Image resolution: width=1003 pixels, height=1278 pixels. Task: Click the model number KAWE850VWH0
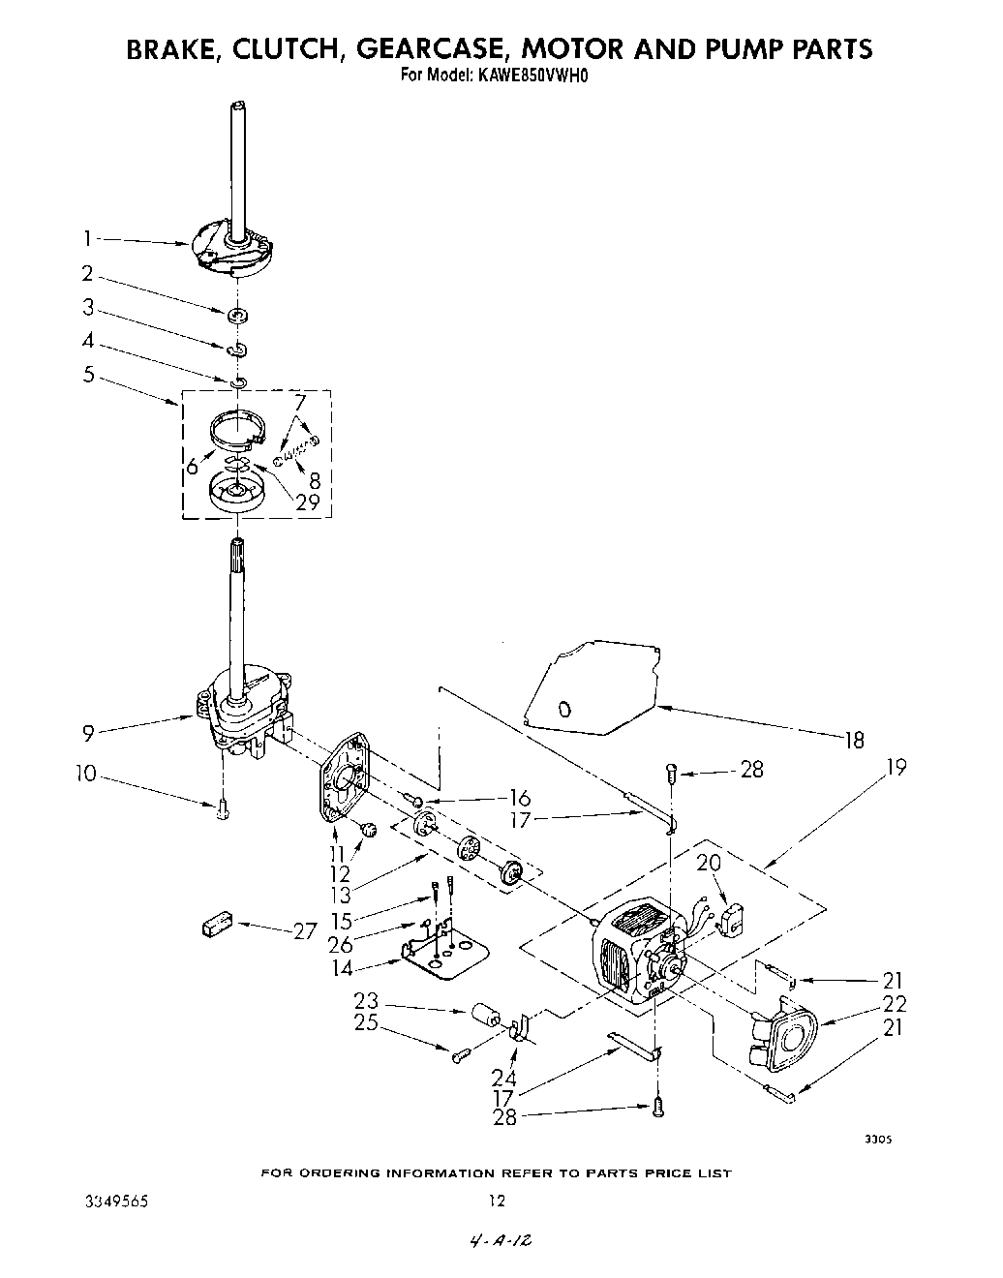[532, 73]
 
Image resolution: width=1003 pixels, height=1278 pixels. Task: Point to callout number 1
[87, 236]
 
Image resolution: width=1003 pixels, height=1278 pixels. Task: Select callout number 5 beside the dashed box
[88, 373]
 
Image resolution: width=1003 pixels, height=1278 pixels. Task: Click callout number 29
[309, 502]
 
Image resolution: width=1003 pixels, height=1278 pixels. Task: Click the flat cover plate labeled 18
[591, 683]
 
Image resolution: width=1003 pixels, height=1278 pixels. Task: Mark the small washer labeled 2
[235, 316]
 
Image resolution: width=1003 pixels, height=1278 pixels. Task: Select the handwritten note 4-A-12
[500, 1241]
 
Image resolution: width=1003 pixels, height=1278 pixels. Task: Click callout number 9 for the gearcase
[88, 734]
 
